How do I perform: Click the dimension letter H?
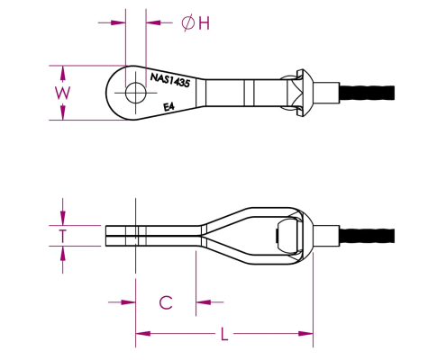pos(205,23)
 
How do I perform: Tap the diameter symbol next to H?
pos(188,23)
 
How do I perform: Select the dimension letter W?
pos(62,93)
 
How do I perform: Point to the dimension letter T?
pos(62,236)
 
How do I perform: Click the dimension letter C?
pos(166,302)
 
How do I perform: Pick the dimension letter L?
pos(224,334)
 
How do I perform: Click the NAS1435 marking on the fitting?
pos(170,80)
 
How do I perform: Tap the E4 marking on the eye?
pos(168,107)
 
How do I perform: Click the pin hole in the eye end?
pos(136,93)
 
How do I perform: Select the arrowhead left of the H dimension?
pos(118,22)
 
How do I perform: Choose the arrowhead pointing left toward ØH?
pos(153,22)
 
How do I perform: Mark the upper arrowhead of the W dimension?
pos(62,73)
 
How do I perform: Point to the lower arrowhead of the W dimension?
pos(62,112)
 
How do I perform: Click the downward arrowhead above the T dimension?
pos(62,218)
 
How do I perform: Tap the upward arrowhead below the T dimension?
pos(62,254)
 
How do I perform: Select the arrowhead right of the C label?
pos(203,302)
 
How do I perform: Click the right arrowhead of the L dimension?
pos(305,334)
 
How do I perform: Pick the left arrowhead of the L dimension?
pos(143,334)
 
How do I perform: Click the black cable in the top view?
pos(367,93)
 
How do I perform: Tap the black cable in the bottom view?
pos(367,236)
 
